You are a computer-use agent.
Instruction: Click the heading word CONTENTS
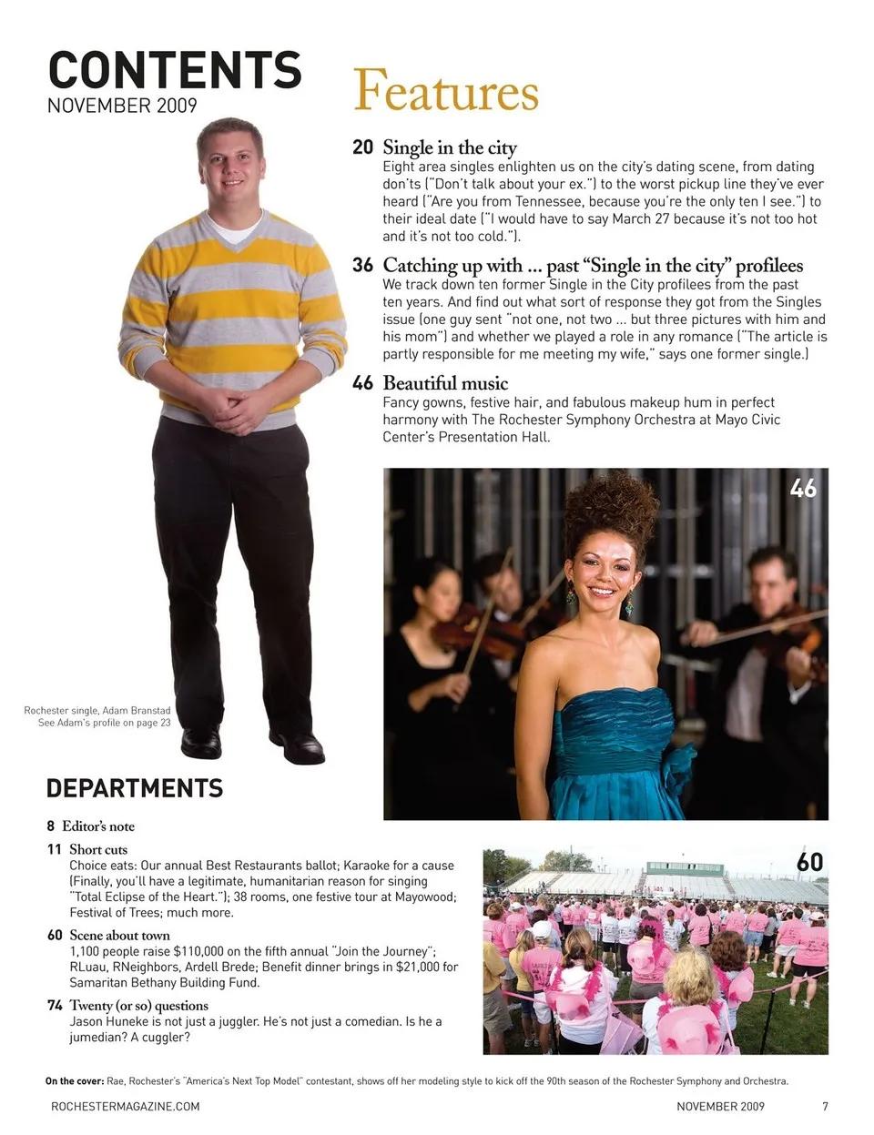click(174, 70)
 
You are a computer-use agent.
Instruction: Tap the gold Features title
click(445, 91)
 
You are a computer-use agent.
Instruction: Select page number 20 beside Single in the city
click(362, 147)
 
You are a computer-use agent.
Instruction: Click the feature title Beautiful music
click(445, 383)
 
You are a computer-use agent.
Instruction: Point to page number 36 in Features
click(362, 266)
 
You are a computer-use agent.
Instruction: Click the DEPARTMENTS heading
click(134, 788)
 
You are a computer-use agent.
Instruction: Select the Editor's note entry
click(98, 826)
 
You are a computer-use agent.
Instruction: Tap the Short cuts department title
click(98, 849)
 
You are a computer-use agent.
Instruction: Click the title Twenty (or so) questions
click(138, 1006)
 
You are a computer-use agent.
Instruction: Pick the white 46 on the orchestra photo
click(803, 489)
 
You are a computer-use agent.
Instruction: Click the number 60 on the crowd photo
click(809, 862)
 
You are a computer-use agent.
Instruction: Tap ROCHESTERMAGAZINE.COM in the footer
click(125, 1107)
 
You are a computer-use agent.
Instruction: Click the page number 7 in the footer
click(825, 1107)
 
